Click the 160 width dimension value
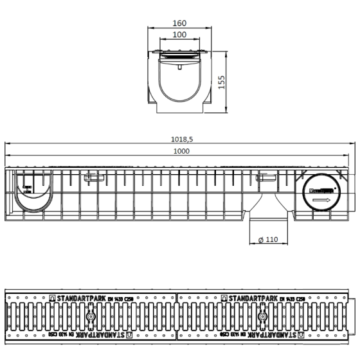[179, 24]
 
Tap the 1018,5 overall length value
[182, 139]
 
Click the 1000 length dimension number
[182, 151]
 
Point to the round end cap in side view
[319, 193]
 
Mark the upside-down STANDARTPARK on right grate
[276, 336]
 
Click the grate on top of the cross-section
[179, 58]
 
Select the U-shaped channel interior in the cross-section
[179, 84]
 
